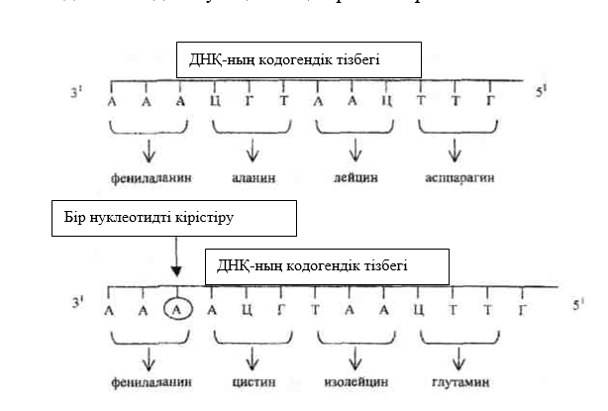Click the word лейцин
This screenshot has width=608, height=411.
(355, 179)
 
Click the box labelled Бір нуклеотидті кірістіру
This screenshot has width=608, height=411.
(173, 219)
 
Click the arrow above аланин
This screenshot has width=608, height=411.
(253, 152)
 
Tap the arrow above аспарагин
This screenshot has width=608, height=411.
(455, 152)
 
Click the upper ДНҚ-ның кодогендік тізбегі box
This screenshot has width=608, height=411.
(298, 60)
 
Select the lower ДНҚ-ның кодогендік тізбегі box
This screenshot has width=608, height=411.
(327, 265)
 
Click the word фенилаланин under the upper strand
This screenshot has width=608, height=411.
(149, 179)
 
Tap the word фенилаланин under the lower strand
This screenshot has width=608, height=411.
(149, 381)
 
